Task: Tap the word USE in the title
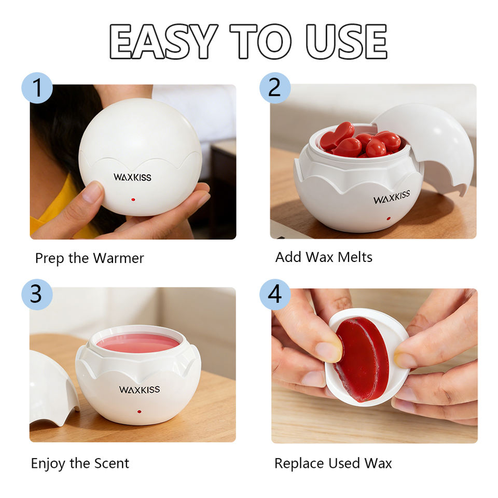346,41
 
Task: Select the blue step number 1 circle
37,88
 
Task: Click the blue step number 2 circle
275,88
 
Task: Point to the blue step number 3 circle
37,295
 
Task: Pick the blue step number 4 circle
275,295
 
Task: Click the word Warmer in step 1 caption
118,258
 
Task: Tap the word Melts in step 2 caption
355,257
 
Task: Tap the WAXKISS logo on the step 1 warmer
132,177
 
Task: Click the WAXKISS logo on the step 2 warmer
392,197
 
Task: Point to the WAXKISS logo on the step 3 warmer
140,390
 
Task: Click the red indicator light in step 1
133,200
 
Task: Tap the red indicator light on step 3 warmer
140,412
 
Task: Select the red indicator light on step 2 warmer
389,218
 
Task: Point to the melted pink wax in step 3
138,343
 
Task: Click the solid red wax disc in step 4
362,359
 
